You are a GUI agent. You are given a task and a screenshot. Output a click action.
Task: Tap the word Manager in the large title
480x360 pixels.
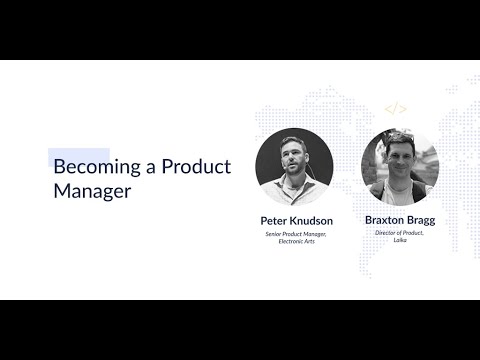coord(92,190)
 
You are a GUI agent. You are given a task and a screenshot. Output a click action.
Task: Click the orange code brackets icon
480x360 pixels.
coord(396,109)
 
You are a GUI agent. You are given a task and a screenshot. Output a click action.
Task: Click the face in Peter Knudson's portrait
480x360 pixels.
coord(293,159)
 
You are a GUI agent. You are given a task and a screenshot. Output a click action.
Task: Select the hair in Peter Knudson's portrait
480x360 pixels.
coord(293,142)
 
